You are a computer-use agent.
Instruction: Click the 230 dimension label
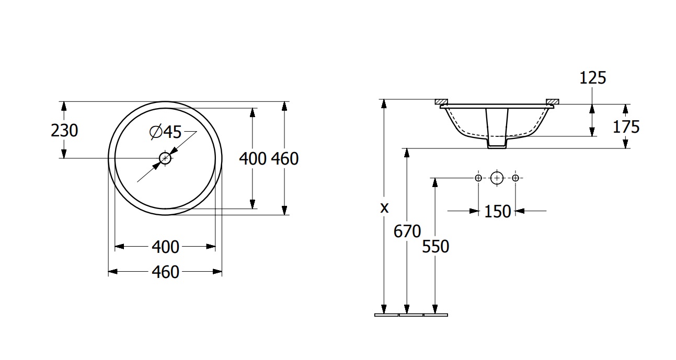pos(64,131)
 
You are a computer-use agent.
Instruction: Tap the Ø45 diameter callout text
pos(165,132)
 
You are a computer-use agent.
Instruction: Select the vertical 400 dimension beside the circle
pos(253,159)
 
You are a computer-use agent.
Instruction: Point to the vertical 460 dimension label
pos(285,159)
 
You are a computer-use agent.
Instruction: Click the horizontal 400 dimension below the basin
pos(165,247)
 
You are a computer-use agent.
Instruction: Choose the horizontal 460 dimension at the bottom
pos(165,272)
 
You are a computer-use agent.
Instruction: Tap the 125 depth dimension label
pos(593,78)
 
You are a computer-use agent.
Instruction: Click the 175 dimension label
pos(626,126)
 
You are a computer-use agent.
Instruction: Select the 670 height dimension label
pos(407,231)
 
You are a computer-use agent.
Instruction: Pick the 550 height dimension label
pos(436,246)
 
